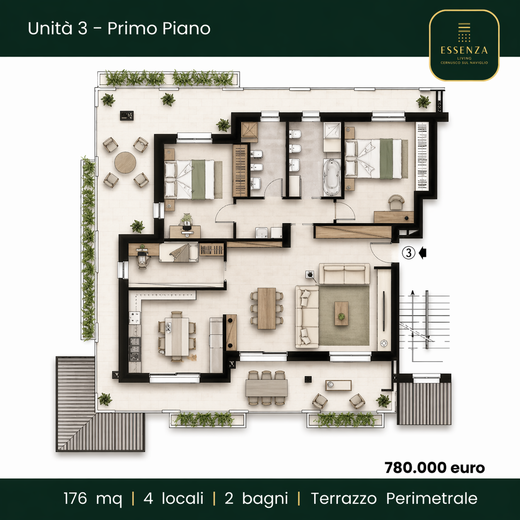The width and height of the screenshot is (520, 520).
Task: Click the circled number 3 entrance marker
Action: coord(408,253)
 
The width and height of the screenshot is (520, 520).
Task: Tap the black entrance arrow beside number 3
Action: coord(423,253)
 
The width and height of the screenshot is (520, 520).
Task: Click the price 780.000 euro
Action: coord(435,468)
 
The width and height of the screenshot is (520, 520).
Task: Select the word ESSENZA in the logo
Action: coord(464,50)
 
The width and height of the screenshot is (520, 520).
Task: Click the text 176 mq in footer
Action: coord(93,498)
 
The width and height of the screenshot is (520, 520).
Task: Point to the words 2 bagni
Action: coord(256,498)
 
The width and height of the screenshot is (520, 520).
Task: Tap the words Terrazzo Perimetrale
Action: coord(394,498)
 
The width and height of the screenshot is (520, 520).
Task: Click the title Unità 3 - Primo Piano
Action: coord(119,29)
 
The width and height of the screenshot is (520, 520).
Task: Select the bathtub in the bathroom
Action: coord(332,177)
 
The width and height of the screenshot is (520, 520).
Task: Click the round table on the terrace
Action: coord(125,163)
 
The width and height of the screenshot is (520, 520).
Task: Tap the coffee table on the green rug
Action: coord(341,313)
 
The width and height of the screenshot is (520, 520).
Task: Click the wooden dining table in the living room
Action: coord(267,309)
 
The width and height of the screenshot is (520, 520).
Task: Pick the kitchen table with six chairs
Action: coord(177,336)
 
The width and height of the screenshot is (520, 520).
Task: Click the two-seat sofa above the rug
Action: coord(344,274)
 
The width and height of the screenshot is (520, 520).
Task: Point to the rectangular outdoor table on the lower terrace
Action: coord(266,388)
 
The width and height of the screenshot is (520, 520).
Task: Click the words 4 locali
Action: coord(173,498)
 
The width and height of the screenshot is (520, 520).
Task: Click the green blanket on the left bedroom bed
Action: coord(198,180)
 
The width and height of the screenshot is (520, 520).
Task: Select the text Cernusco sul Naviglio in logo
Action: coord(464,63)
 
